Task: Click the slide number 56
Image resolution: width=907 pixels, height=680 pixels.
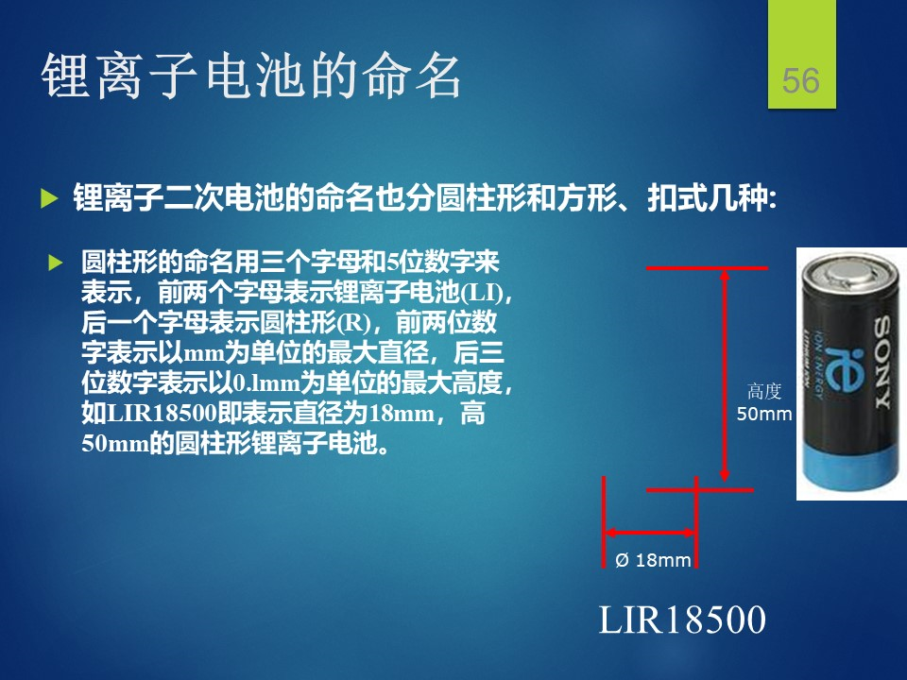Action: [800, 80]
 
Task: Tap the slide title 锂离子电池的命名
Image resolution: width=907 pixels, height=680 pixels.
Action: [250, 76]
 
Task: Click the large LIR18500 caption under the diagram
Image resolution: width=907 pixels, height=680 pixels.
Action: [682, 620]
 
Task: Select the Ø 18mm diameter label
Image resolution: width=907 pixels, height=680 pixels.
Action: [653, 560]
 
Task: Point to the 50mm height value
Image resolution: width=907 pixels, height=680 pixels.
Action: [763, 414]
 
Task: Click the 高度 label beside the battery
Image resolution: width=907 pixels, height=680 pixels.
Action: [764, 391]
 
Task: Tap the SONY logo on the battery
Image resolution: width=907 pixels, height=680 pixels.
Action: [881, 362]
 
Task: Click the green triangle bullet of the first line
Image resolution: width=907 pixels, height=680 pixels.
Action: [49, 199]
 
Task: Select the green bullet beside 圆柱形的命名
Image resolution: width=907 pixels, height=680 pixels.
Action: [56, 263]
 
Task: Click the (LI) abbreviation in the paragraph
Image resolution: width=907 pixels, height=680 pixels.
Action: [483, 293]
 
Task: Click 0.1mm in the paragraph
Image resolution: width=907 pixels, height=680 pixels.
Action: [266, 383]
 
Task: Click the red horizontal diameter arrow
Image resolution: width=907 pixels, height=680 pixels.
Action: [651, 533]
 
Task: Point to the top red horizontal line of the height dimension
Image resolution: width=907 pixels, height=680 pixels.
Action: [707, 268]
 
